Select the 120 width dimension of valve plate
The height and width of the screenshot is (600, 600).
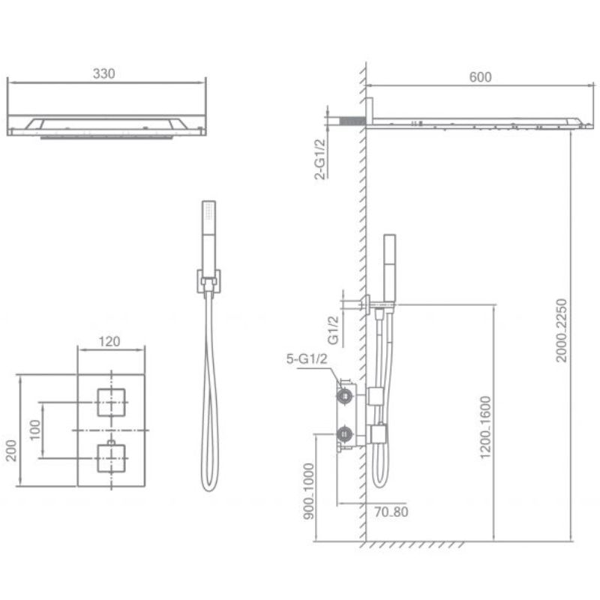[110, 342]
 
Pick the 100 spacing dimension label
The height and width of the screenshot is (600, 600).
[34, 430]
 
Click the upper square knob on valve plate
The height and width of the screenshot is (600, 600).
[111, 403]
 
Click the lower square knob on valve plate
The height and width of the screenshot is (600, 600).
[111, 456]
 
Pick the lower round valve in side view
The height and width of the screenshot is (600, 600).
[345, 433]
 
